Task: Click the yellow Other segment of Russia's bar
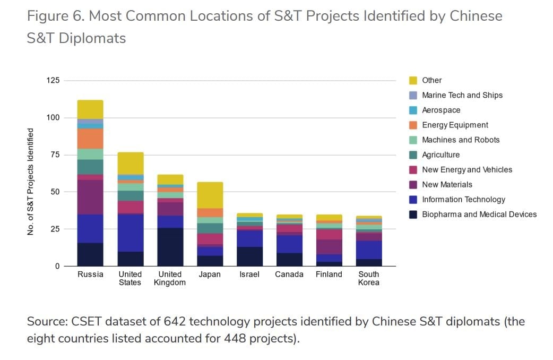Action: point(90,109)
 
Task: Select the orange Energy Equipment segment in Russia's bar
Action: point(90,139)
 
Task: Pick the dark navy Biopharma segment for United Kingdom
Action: point(170,247)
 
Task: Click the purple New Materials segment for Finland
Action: point(329,247)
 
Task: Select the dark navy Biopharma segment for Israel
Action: point(249,256)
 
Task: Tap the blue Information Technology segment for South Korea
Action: point(369,250)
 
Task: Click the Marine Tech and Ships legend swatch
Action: point(413,95)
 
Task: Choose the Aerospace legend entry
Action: point(441,110)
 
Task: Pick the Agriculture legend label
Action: point(440,155)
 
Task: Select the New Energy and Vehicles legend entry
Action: point(467,169)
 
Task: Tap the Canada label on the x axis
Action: point(289,275)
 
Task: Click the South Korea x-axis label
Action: point(369,278)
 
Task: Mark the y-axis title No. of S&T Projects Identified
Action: point(31,182)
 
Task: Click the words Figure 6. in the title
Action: point(55,16)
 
